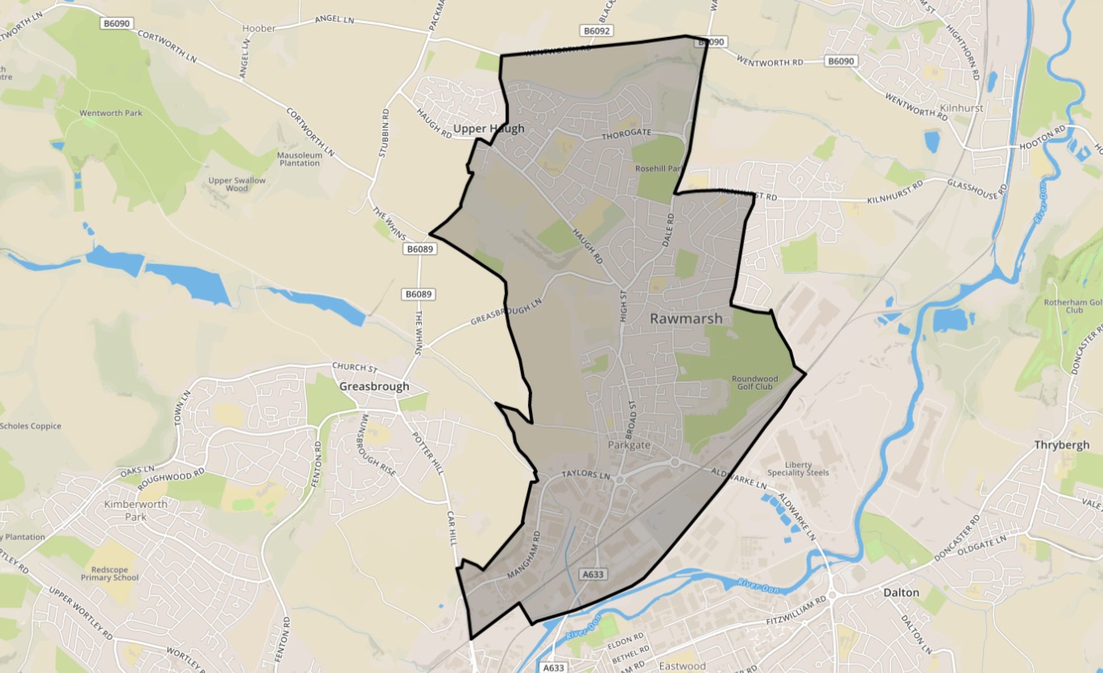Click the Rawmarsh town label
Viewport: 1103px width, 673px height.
[686, 319]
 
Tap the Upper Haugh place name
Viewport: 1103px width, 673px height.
[489, 129]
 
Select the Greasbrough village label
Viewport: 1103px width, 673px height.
[374, 386]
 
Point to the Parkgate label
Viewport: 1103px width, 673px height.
[629, 444]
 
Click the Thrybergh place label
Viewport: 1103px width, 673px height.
[1062, 444]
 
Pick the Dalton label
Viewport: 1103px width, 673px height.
[901, 592]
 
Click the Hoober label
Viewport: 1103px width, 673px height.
[259, 28]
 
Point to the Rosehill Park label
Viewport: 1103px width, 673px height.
[659, 169]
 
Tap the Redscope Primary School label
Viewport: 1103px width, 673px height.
[109, 572]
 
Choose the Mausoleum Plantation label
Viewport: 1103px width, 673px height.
[299, 159]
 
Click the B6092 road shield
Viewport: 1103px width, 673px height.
[597, 31]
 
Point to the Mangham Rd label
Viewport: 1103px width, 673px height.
[524, 555]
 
